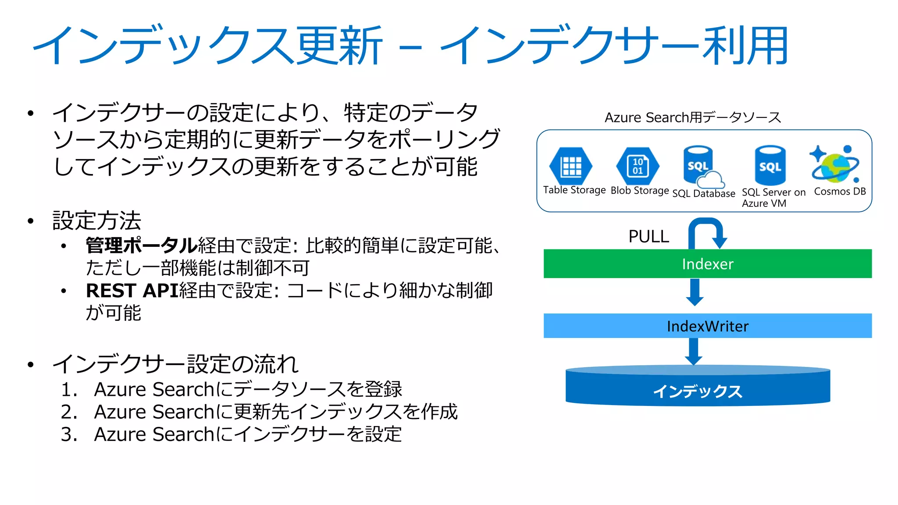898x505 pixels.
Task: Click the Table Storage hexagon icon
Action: [x=571, y=166]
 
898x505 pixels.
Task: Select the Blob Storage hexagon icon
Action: [x=638, y=166]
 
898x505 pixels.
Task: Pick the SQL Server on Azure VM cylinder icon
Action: [x=770, y=166]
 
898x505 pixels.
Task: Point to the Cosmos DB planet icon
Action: [x=835, y=165]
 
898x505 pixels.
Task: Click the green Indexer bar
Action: [x=707, y=264]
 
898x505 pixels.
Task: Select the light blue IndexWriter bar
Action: [x=707, y=326]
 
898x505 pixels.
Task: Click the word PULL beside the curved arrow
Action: [x=649, y=237]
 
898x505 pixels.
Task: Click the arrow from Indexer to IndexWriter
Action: [x=695, y=292]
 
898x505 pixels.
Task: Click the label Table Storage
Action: [x=574, y=190]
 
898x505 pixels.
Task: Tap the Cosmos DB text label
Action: [x=840, y=192]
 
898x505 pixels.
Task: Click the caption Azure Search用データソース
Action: [x=693, y=117]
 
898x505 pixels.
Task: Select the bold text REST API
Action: [x=132, y=291]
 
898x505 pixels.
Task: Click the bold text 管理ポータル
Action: [x=141, y=245]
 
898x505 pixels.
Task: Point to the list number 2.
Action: [x=69, y=412]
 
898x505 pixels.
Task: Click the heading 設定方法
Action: [x=97, y=220]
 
